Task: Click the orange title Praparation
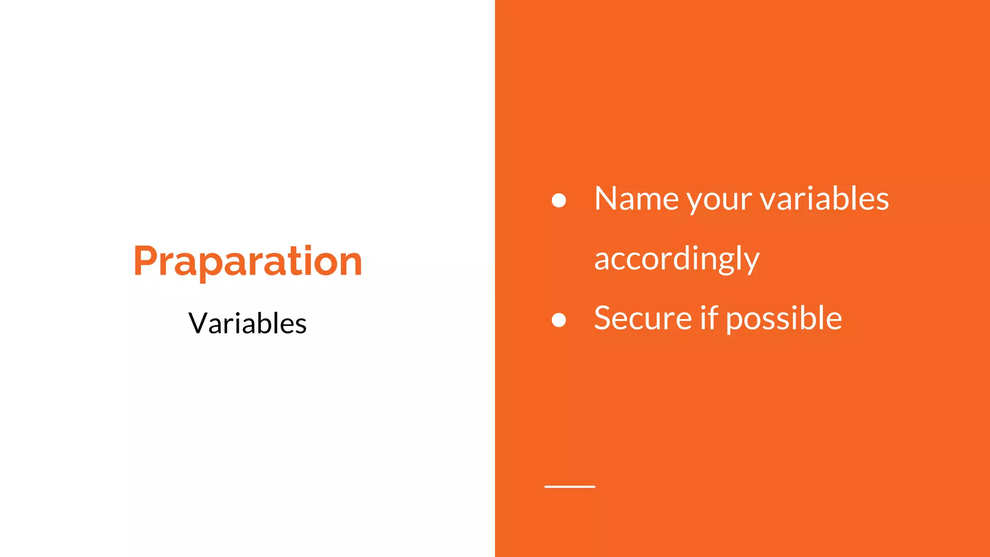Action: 247,262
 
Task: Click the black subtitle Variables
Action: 247,323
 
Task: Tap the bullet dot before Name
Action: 559,200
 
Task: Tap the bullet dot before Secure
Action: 559,320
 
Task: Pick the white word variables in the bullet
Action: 825,199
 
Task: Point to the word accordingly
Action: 677,260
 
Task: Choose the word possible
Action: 784,320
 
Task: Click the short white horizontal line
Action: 569,486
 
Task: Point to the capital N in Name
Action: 605,198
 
